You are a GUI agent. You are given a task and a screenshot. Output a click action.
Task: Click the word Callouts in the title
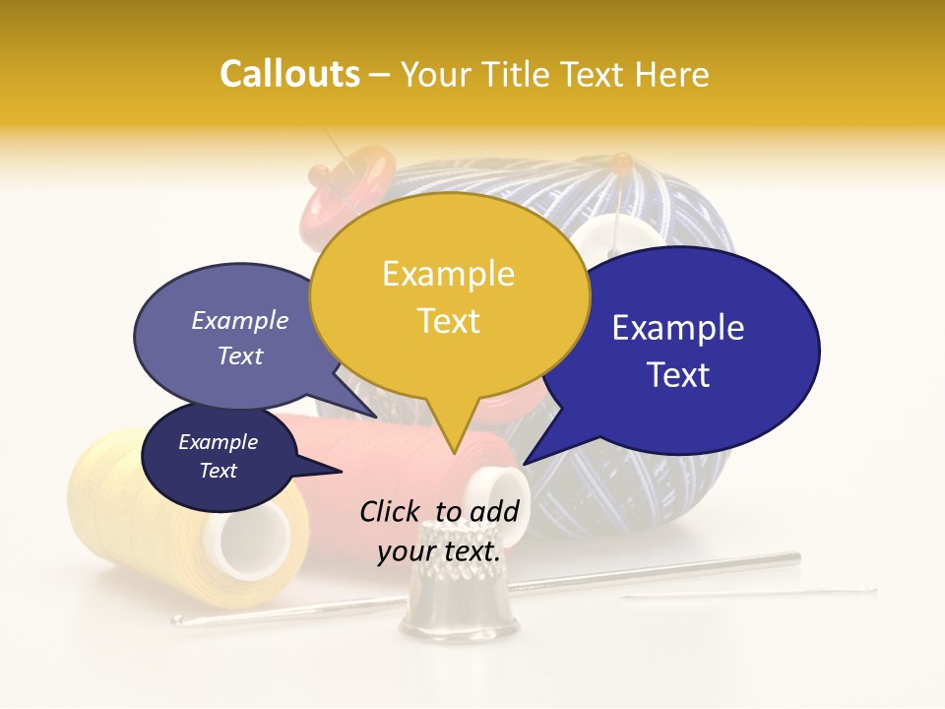pyautogui.click(x=289, y=74)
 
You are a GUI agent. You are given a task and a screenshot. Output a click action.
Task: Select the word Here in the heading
pyautogui.click(x=668, y=74)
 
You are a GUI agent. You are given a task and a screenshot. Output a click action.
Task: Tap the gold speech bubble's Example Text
pyautogui.click(x=449, y=296)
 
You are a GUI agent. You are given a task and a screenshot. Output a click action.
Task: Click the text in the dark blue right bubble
pyautogui.click(x=678, y=351)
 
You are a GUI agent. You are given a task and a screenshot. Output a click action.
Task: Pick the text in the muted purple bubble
pyautogui.click(x=240, y=338)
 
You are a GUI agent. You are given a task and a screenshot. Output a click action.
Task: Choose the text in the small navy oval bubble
pyautogui.click(x=218, y=456)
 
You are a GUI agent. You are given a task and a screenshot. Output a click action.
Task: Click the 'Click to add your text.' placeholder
pyautogui.click(x=439, y=531)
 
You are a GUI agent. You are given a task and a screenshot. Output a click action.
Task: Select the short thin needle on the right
pyautogui.click(x=748, y=593)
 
